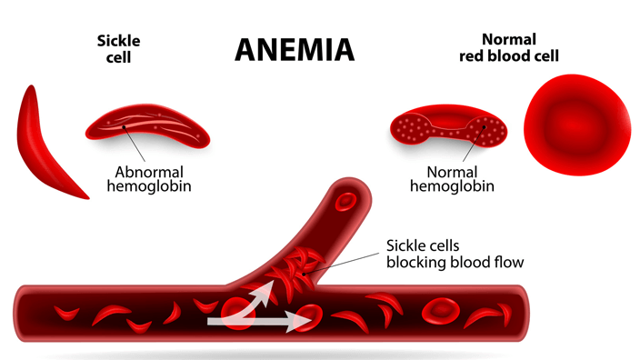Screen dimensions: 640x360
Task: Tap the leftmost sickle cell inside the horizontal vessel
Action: click(66, 313)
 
